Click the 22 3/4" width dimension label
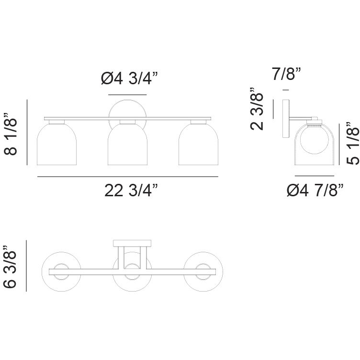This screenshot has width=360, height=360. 131,191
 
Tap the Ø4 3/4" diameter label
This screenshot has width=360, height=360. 129,79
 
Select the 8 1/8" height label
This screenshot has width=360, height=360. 11,134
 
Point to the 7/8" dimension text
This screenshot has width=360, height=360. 286,74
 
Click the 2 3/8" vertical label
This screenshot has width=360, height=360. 257,109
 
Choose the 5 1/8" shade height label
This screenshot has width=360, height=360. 352,143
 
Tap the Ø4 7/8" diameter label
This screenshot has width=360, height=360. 315,191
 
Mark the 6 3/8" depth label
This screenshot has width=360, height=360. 10,267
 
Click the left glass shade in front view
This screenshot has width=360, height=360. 56,145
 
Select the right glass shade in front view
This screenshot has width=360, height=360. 198,145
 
